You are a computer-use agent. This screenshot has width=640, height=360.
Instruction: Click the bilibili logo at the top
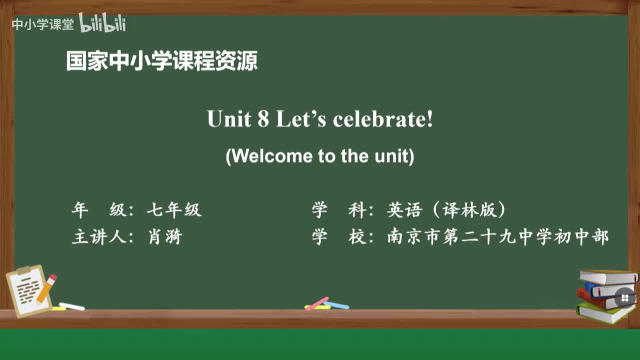102,22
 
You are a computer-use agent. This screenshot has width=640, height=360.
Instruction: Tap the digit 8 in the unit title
263,119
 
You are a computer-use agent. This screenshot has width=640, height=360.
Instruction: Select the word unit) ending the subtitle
394,156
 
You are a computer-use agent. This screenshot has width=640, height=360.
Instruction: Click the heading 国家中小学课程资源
162,61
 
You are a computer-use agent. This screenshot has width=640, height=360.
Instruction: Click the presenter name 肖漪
165,236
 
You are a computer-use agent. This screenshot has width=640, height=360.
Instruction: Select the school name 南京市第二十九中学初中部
498,236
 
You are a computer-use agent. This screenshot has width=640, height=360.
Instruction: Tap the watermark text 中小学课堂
42,24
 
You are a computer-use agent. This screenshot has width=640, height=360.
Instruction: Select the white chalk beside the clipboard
72,306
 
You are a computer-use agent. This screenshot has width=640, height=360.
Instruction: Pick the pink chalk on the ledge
317,303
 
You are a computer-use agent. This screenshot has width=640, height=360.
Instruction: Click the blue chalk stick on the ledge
337,305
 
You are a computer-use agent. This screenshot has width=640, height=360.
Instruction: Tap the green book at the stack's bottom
605,313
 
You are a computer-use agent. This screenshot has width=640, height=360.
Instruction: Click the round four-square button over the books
624,298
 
